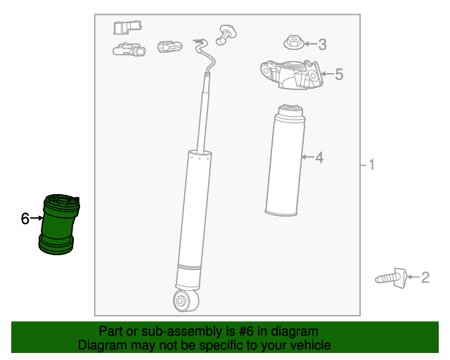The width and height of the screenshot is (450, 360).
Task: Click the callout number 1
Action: coord(371,165)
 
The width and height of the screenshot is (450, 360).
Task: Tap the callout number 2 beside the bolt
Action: coord(425,278)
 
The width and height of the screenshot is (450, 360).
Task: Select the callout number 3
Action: coord(322,45)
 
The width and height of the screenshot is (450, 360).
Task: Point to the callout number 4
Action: coord(319,157)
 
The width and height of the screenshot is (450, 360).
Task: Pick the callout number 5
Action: coord(338,74)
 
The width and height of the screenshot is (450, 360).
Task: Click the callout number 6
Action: coord(25,219)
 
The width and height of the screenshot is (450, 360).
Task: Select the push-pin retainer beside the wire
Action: coord(226,34)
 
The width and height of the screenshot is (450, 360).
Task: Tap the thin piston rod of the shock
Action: coord(206,112)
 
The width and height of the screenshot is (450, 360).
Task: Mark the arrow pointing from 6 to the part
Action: coord(37,219)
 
